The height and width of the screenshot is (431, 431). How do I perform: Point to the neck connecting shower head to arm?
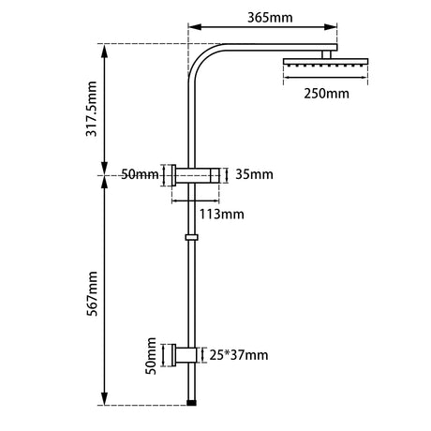(x=328, y=54)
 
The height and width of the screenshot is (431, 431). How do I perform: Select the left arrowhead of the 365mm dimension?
(x=192, y=29)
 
